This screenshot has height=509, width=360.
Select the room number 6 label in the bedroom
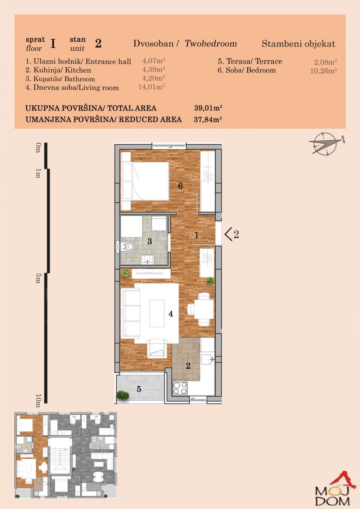(180, 186)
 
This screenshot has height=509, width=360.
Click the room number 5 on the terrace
(139, 389)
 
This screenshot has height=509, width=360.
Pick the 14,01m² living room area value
(152, 87)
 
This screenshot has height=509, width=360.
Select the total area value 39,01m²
(208, 108)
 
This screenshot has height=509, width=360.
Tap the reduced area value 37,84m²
(208, 119)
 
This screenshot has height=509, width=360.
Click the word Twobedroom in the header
(211, 44)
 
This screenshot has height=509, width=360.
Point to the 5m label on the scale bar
(38, 279)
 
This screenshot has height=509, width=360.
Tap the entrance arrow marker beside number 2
(228, 234)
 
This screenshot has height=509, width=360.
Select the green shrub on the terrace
(123, 395)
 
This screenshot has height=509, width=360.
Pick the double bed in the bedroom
(145, 181)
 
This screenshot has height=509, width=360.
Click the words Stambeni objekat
(298, 44)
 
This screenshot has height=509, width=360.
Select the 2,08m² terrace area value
(325, 62)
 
